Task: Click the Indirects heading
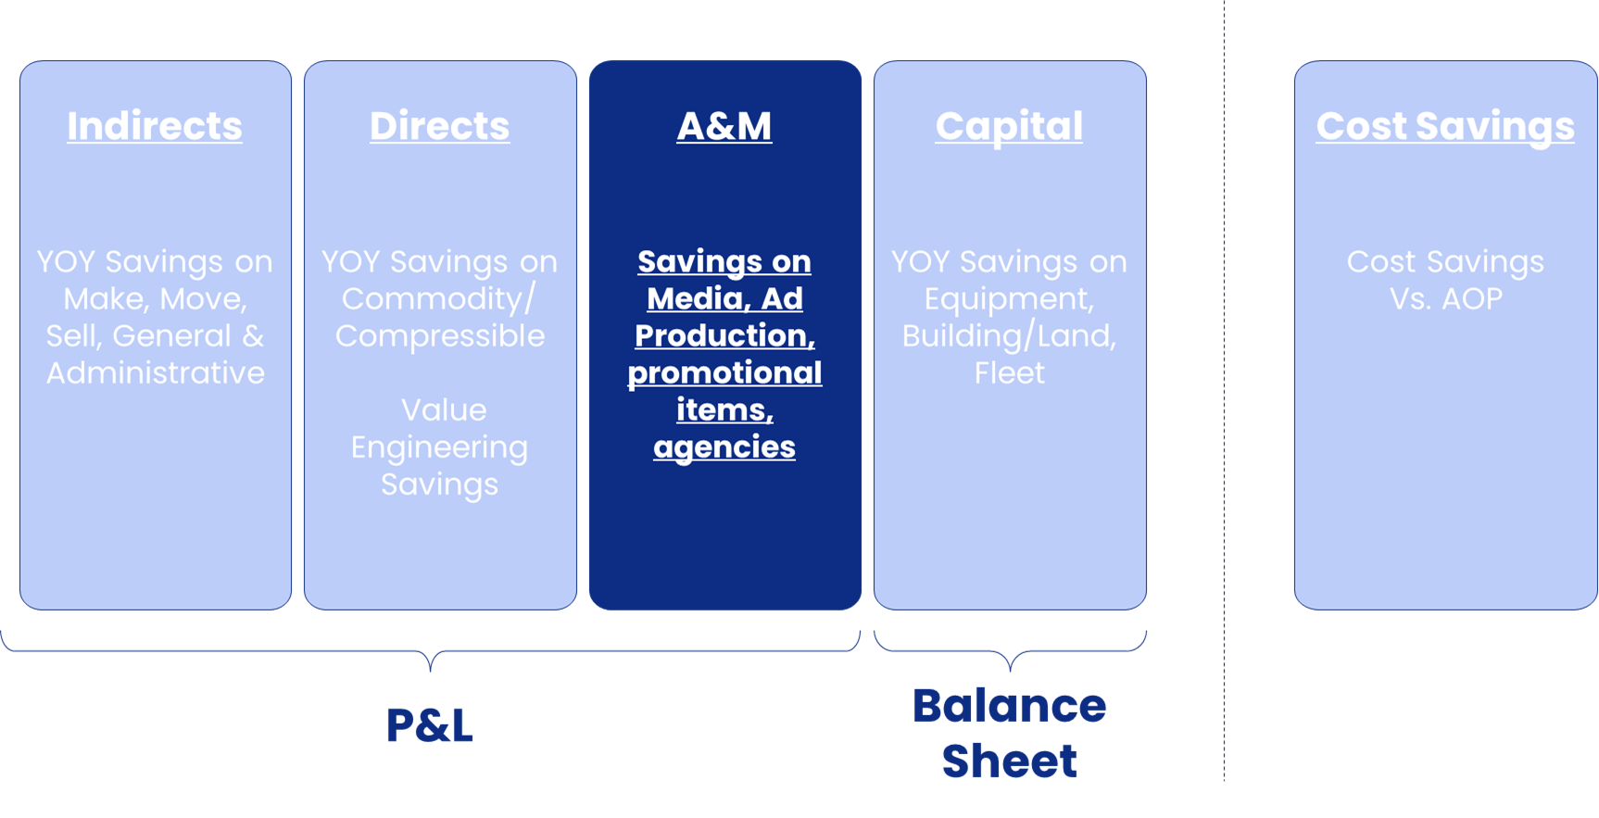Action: [x=155, y=126]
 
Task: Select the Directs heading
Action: [x=439, y=126]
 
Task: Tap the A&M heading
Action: [x=724, y=126]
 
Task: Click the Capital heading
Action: [x=1009, y=126]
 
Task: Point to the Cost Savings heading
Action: [x=1445, y=126]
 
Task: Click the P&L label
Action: [x=429, y=724]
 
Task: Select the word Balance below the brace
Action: [x=1009, y=706]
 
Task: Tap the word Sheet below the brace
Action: [x=1009, y=761]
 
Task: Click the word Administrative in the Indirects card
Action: [x=156, y=373]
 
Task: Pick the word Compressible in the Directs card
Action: [x=440, y=336]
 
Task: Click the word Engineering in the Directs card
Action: [x=439, y=447]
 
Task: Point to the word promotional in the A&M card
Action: [x=724, y=373]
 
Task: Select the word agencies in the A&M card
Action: [x=724, y=447]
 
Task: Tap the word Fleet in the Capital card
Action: [x=1009, y=373]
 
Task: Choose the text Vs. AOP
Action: [x=1445, y=299]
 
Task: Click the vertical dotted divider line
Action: [x=1224, y=389]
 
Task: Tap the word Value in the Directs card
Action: [x=444, y=410]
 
